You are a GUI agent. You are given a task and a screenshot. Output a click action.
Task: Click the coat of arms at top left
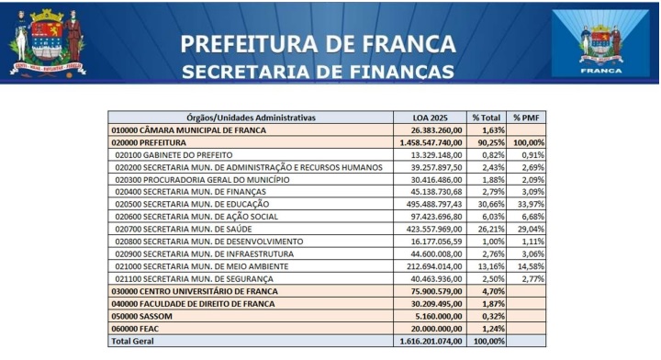tap(47, 42)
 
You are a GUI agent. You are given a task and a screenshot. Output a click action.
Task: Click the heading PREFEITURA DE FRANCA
tap(318, 43)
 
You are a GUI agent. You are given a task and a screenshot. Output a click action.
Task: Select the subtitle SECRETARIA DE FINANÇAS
tap(318, 71)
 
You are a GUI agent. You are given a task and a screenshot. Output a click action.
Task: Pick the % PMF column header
tap(528, 118)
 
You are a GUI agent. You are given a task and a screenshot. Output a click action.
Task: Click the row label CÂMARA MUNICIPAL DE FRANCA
tap(188, 130)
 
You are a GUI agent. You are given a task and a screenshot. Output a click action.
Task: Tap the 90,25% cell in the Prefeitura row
tap(487, 142)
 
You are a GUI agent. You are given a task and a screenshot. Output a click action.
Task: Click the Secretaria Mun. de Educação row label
tap(205, 204)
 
